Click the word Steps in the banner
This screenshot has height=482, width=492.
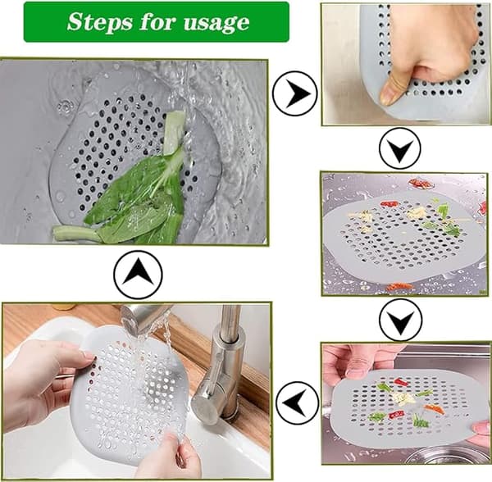tap(100, 22)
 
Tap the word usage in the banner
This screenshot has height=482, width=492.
tap(216, 23)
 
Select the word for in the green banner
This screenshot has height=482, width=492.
tap(158, 21)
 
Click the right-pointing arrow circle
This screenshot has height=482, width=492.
tap(295, 93)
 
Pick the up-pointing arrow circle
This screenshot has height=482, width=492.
tap(138, 274)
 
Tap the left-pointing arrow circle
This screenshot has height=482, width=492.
tap(298, 402)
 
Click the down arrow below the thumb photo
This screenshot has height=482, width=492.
tap(399, 148)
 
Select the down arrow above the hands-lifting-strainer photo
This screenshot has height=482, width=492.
tap(400, 320)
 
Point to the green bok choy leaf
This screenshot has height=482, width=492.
tap(135, 201)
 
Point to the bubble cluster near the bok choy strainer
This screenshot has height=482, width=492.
tap(65, 107)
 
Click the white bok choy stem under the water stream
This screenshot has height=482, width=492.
tap(174, 132)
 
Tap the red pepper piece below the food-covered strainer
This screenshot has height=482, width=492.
tap(399, 286)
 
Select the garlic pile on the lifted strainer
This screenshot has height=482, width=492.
tap(403, 398)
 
